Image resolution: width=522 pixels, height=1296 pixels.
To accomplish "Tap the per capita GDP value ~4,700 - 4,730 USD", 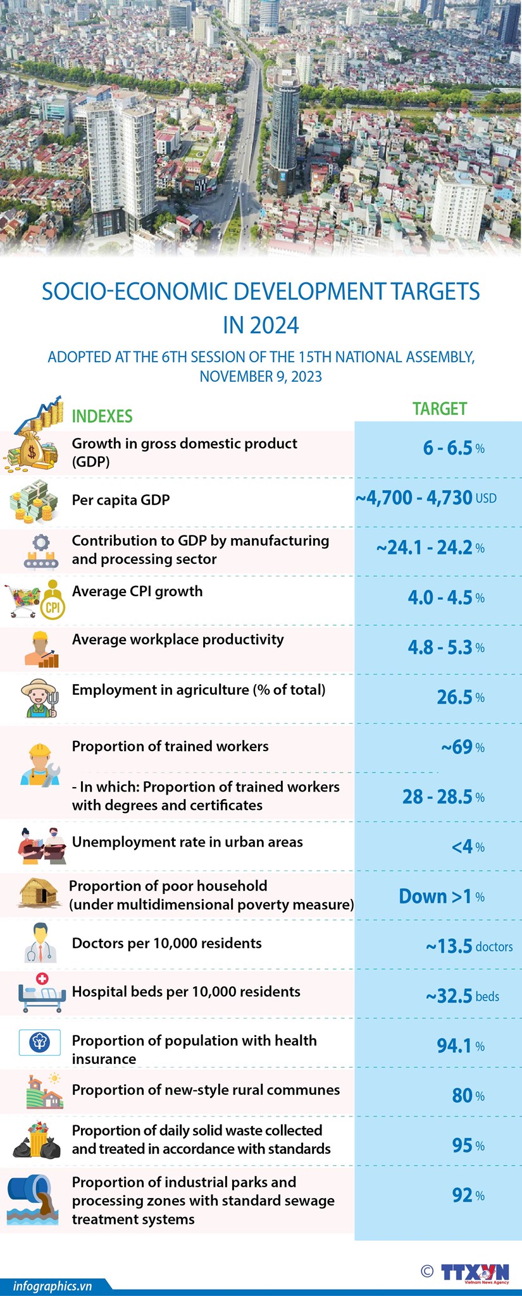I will (426, 498).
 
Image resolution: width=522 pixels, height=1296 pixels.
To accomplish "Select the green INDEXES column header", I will (102, 416).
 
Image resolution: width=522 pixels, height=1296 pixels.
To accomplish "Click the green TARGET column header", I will (439, 409).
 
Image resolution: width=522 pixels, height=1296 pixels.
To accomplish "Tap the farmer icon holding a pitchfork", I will (39, 698).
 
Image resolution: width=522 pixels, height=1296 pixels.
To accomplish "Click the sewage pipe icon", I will (33, 1200).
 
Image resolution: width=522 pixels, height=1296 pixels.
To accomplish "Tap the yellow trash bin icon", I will (38, 1140).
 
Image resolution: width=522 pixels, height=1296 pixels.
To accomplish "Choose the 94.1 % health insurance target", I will (460, 1046).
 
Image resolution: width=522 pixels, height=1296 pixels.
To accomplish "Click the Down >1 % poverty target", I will (441, 896).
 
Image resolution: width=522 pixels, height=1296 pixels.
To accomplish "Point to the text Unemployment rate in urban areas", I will (187, 842).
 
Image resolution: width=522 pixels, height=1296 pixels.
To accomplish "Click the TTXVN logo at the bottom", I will (474, 1272).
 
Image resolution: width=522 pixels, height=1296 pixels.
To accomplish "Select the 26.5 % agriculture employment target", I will (460, 697).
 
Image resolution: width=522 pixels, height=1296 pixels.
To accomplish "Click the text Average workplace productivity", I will (178, 639).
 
